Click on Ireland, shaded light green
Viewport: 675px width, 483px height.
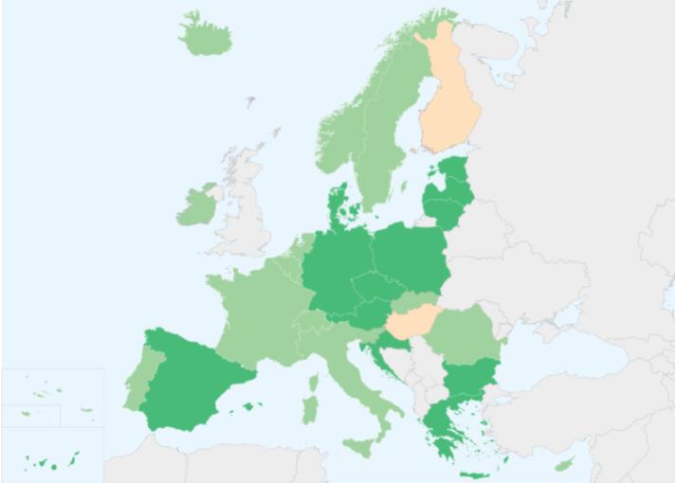pos(197,206)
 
